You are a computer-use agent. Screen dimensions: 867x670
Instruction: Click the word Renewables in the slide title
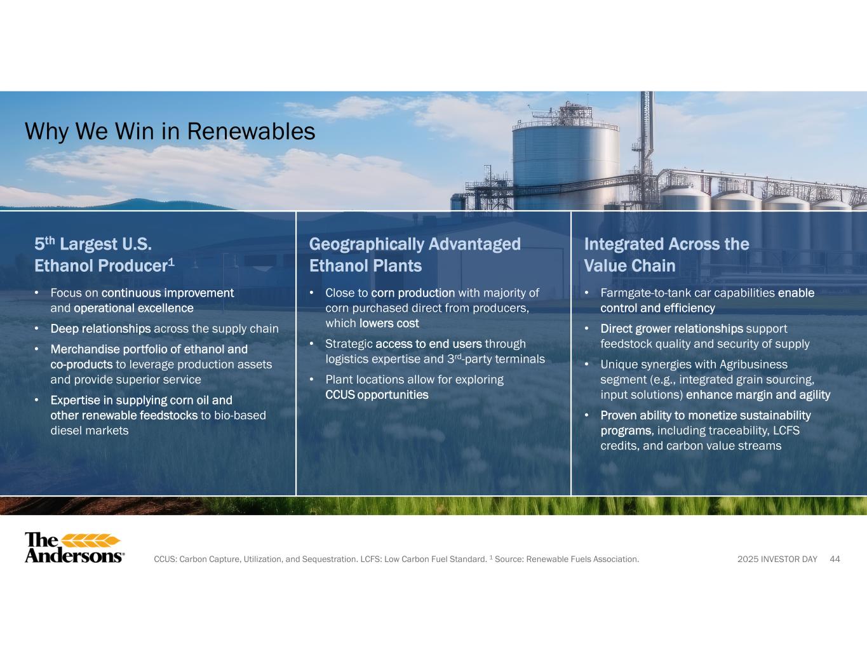pos(251,131)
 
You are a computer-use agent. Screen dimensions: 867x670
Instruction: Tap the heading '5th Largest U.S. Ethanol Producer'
pos(105,255)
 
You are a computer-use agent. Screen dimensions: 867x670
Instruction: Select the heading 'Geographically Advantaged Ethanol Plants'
pos(415,255)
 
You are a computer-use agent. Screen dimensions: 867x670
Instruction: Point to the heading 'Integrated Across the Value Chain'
pos(667,255)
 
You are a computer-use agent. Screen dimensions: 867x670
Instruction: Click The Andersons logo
pos(74,547)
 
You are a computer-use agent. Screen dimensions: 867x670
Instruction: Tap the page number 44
pos(835,559)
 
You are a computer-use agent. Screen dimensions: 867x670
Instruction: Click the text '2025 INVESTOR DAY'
pos(777,559)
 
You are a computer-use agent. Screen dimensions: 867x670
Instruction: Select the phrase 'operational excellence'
pos(133,308)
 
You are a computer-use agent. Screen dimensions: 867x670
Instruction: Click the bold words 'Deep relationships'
pos(100,328)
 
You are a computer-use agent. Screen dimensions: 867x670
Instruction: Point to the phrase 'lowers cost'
pos(389,323)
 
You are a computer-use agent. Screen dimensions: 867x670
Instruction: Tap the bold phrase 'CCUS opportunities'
pos(377,395)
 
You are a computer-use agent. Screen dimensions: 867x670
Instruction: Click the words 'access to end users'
pos(429,344)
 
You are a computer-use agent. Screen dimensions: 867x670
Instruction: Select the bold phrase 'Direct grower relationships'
pos(672,328)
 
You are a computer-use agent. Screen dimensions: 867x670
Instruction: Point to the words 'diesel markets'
pos(90,431)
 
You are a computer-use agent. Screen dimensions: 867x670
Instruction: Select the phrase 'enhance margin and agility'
pos(758,395)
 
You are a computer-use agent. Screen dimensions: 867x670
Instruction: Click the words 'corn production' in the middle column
pos(413,293)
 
